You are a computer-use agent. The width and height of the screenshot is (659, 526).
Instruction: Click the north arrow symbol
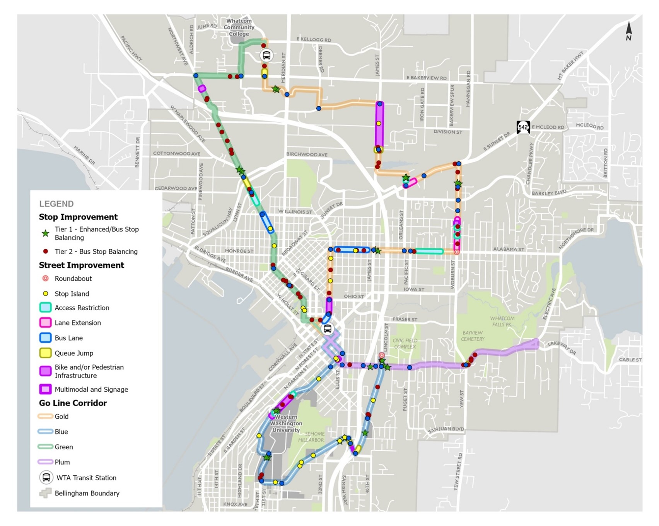(x=629, y=31)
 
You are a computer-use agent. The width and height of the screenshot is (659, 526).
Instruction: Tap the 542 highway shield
(x=523, y=127)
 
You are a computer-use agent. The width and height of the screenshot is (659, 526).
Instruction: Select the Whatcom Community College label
(x=239, y=27)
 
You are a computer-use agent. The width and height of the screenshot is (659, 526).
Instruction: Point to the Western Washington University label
(x=286, y=423)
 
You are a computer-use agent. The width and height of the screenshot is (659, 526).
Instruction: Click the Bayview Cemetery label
(x=472, y=336)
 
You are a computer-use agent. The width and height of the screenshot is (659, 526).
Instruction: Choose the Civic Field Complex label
(x=405, y=343)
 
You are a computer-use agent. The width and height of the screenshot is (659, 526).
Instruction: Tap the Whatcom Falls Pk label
(x=502, y=321)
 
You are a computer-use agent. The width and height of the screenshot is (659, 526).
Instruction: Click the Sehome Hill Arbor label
(x=314, y=437)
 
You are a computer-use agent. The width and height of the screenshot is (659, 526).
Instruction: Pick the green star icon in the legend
(x=46, y=233)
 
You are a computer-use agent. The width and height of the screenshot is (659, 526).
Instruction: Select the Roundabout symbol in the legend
(x=46, y=278)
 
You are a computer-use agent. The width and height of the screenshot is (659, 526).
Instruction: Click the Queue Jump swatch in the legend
(x=46, y=353)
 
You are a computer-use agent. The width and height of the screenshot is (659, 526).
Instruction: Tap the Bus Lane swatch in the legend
(x=46, y=338)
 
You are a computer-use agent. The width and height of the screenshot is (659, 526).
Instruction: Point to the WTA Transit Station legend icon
(x=46, y=478)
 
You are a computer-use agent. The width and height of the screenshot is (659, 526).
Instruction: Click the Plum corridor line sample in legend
(x=45, y=462)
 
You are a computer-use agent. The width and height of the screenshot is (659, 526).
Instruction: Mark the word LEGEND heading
(x=56, y=204)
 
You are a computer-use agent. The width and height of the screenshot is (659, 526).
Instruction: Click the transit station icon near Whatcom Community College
(x=266, y=56)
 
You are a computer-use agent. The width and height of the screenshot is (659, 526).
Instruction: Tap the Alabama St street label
(x=509, y=249)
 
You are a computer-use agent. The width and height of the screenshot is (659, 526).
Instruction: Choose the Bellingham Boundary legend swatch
(x=46, y=493)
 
